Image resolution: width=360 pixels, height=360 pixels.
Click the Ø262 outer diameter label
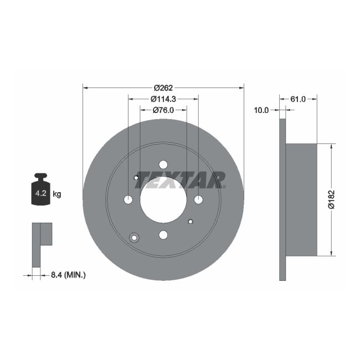click(x=163, y=88)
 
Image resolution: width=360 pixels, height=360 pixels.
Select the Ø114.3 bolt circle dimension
click(x=163, y=99)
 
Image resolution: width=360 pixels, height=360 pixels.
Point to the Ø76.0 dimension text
click(x=163, y=110)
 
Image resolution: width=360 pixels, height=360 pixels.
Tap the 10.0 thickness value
click(x=261, y=110)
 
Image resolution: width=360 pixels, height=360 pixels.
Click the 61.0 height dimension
click(x=298, y=99)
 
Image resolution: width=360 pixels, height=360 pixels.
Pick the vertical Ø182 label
click(x=331, y=200)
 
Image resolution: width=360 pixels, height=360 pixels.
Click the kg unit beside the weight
click(x=57, y=194)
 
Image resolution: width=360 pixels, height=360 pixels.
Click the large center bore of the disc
click(x=163, y=200)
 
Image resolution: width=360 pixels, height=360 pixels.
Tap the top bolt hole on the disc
click(x=163, y=164)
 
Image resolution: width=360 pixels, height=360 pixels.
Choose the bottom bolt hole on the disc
click(x=163, y=235)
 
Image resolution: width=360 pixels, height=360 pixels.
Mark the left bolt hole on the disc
click(x=128, y=200)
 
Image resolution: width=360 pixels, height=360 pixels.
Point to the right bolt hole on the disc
click(x=198, y=200)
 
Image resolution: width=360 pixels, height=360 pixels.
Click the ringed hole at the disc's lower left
click(x=133, y=238)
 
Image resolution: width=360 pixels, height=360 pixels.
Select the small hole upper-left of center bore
click(x=136, y=177)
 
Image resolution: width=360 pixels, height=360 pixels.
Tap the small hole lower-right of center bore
click(x=190, y=222)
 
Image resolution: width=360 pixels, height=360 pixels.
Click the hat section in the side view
click(x=301, y=200)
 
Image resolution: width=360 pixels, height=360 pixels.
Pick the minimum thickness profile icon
click(x=41, y=244)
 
